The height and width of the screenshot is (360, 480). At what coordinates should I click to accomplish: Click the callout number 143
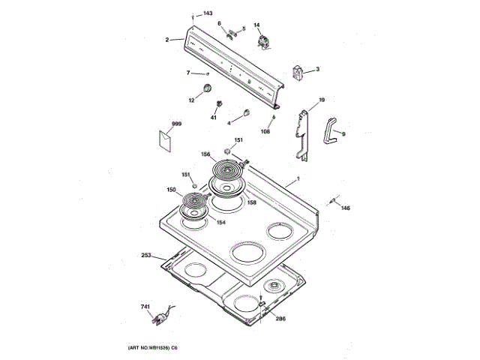pyautogui.click(x=208, y=14)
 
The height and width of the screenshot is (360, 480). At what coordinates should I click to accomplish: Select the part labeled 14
pyautogui.click(x=263, y=42)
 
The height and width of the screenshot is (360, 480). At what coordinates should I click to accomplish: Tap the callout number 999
pyautogui.click(x=176, y=123)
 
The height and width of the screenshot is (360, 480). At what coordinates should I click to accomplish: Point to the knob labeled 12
pyautogui.click(x=200, y=90)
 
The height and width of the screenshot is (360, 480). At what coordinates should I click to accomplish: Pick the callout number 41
pyautogui.click(x=213, y=118)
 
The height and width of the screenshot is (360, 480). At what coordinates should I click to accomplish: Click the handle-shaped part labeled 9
pyautogui.click(x=331, y=128)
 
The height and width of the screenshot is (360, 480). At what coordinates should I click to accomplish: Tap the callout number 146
pyautogui.click(x=346, y=208)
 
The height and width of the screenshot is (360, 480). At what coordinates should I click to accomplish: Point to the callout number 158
pyautogui.click(x=251, y=202)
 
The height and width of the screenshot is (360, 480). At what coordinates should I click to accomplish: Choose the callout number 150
pyautogui.click(x=171, y=190)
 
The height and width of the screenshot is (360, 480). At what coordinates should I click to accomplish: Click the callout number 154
pyautogui.click(x=221, y=222)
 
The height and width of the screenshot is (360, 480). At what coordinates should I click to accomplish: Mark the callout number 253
pyautogui.click(x=146, y=256)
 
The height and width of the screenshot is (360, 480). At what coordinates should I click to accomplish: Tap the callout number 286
pyautogui.click(x=280, y=319)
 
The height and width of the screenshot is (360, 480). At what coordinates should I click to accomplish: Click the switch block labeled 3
pyautogui.click(x=298, y=73)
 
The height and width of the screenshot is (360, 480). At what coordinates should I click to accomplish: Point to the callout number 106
pyautogui.click(x=265, y=131)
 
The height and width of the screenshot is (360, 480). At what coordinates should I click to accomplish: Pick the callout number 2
pyautogui.click(x=168, y=39)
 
